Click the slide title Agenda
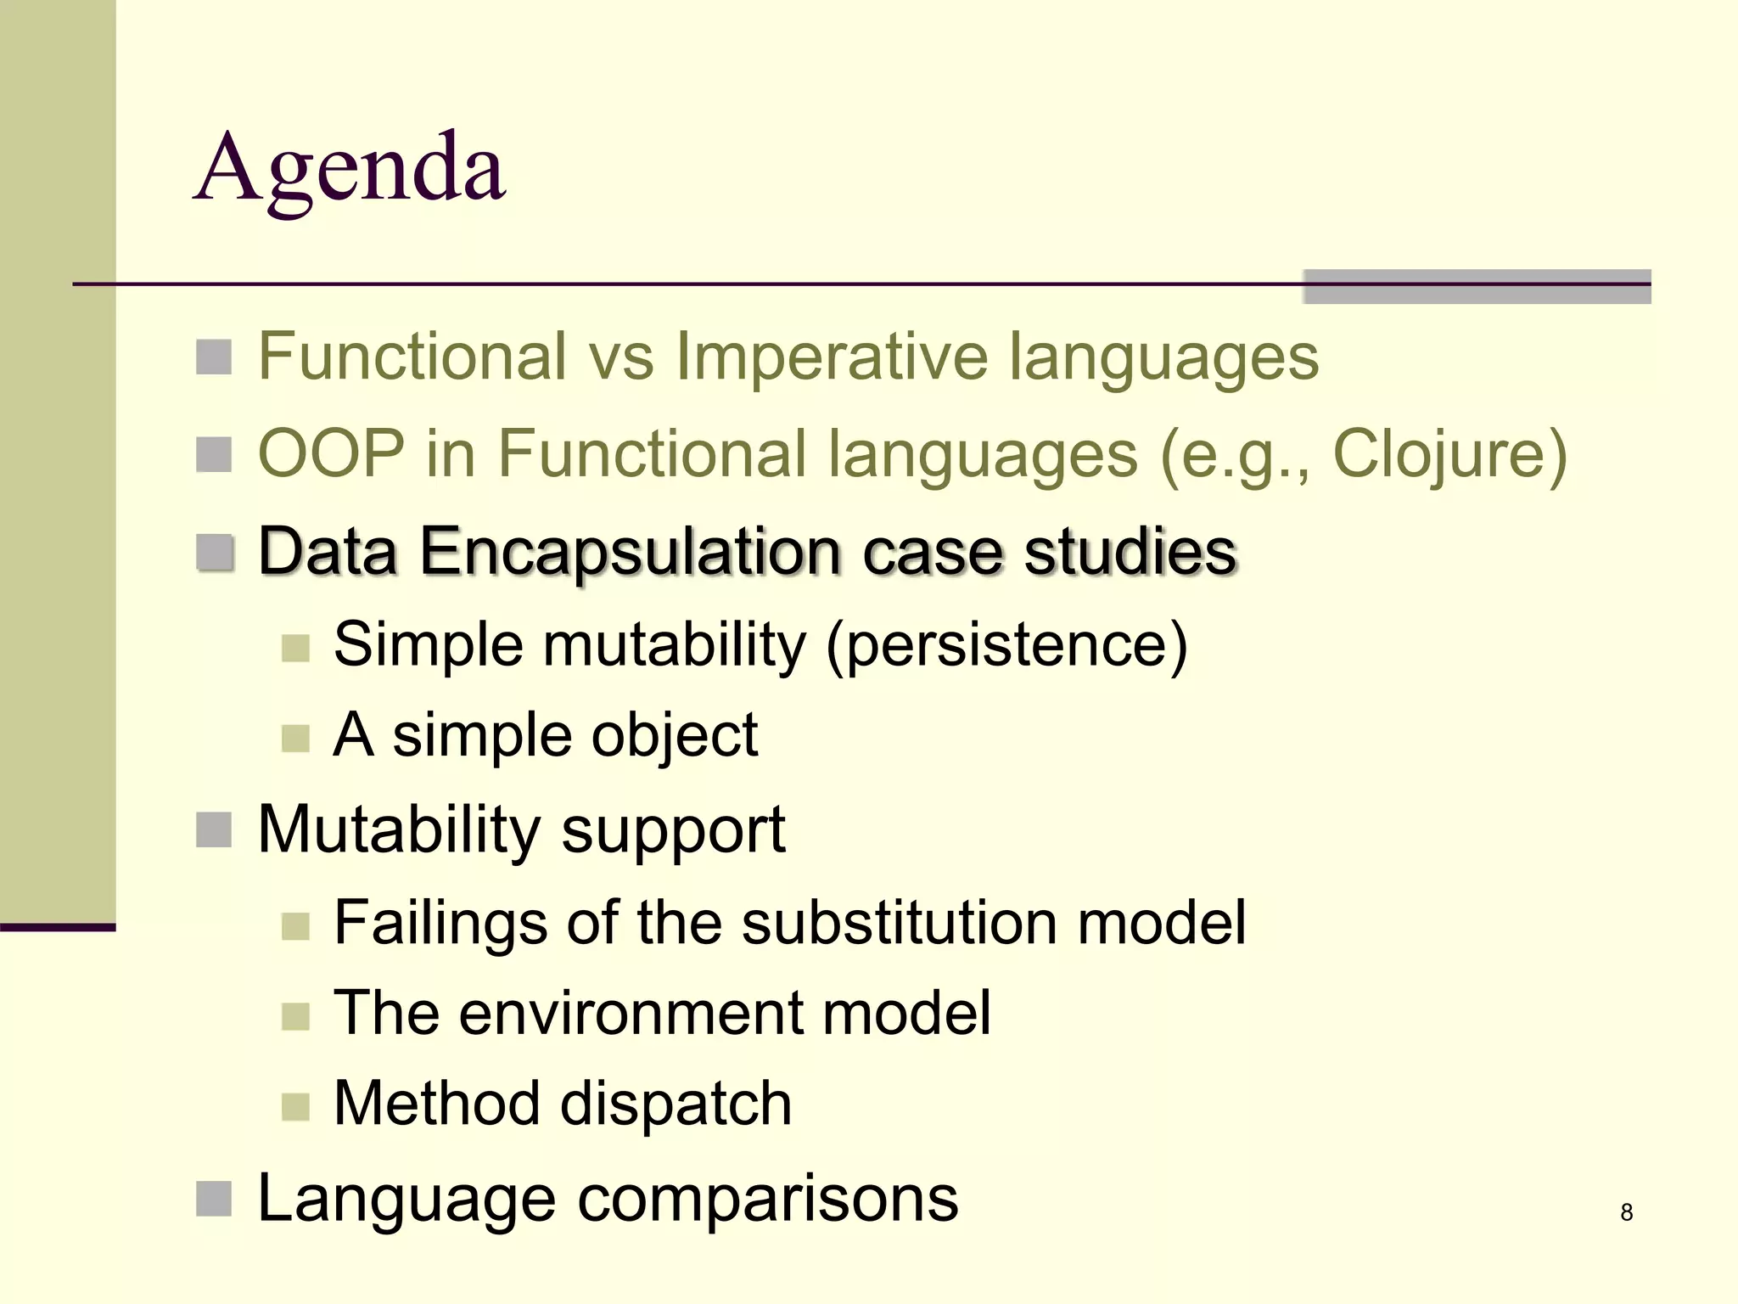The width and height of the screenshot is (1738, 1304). (x=350, y=170)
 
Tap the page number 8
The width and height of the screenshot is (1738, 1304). (x=1626, y=1212)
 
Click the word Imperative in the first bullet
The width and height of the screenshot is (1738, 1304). (x=832, y=357)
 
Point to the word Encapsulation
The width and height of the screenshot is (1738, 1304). (x=630, y=552)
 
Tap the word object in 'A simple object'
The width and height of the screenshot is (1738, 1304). (x=674, y=735)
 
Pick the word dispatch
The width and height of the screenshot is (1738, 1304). (x=676, y=1104)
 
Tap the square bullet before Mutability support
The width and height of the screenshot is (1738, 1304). (x=214, y=830)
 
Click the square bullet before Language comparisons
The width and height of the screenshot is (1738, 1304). (x=214, y=1199)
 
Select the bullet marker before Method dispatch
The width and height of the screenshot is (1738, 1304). (x=295, y=1106)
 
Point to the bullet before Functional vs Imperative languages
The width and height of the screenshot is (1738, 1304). (x=214, y=357)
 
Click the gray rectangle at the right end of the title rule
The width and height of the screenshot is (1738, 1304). (x=1477, y=287)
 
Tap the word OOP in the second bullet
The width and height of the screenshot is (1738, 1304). (x=331, y=455)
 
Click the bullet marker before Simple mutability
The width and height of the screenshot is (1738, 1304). (x=295, y=648)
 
